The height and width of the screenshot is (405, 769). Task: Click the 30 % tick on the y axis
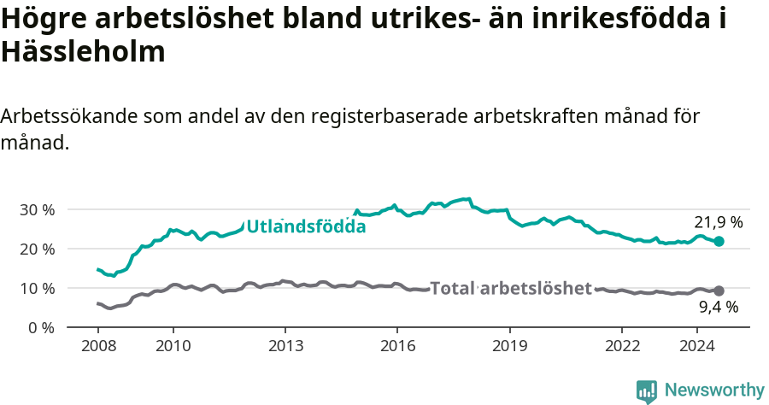(37, 209)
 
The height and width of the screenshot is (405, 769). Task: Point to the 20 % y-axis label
(37, 249)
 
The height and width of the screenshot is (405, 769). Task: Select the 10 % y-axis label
(37, 288)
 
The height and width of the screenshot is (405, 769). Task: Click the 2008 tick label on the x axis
(98, 346)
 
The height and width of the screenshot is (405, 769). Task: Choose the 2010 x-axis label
(173, 346)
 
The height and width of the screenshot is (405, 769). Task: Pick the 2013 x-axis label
(285, 346)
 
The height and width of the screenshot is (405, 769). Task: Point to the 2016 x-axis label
(397, 346)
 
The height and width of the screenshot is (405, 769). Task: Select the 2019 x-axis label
(509, 346)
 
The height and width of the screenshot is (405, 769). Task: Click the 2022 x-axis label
(622, 346)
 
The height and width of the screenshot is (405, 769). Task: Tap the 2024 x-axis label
(696, 346)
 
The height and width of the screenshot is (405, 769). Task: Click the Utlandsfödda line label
(306, 226)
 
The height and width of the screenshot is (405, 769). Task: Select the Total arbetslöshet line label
(511, 288)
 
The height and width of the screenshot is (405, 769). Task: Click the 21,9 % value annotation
(718, 222)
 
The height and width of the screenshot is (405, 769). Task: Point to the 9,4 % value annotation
(718, 308)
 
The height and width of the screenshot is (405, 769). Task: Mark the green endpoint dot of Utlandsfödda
(719, 242)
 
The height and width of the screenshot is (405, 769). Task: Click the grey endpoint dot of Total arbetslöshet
(719, 291)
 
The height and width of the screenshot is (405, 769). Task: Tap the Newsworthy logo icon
(647, 391)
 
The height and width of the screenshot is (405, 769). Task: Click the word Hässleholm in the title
(83, 53)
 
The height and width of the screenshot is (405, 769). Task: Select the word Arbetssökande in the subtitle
(70, 117)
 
